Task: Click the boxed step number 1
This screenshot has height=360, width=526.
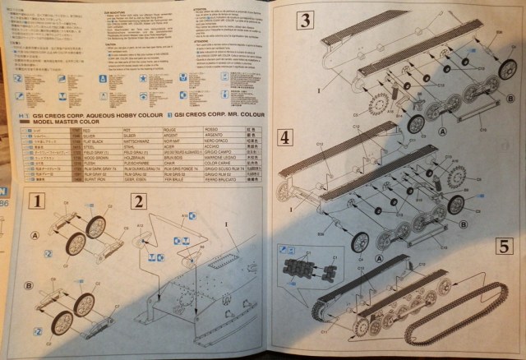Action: coord(35,201)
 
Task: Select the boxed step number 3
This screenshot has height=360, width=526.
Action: coord(304,19)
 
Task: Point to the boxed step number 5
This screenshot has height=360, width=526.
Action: coord(504,246)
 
